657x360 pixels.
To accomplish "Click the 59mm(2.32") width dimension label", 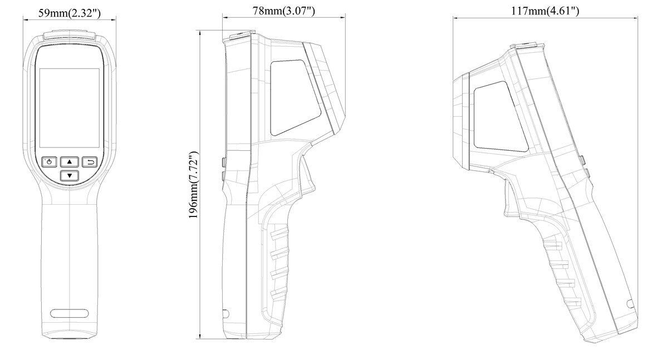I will [70, 12].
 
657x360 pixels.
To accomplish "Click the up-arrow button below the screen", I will [70, 162].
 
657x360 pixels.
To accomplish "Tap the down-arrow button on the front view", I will [70, 176].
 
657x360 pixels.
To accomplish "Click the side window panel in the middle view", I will [294, 96].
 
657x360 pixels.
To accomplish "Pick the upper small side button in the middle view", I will [223, 162].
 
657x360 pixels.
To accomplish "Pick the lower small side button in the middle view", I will [223, 176].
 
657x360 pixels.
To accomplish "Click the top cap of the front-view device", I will [70, 36].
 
